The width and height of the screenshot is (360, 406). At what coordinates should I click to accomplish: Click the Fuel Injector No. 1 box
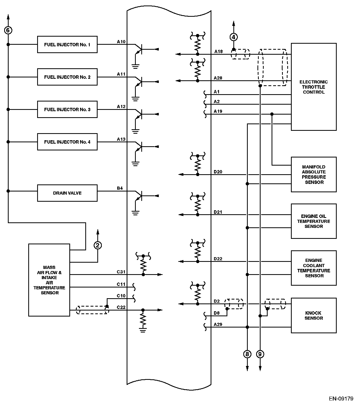click(x=67, y=44)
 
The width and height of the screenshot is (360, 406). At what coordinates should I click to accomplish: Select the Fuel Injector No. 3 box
click(x=67, y=109)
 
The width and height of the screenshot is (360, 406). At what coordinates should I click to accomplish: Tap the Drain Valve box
click(x=67, y=193)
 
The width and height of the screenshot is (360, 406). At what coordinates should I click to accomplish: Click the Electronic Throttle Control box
click(x=313, y=87)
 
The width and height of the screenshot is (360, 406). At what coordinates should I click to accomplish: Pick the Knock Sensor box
click(x=313, y=315)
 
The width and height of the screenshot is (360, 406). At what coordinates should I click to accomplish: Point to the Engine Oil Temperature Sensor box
click(x=313, y=221)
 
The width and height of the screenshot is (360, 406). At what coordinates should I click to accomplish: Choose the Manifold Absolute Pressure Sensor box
click(x=313, y=174)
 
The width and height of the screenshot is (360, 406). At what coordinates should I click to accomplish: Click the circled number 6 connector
click(x=8, y=30)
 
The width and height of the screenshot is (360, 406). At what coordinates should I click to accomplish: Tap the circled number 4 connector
click(x=234, y=37)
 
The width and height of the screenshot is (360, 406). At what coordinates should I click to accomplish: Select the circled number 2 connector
click(x=98, y=245)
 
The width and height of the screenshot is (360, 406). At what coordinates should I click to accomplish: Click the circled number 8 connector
click(x=247, y=354)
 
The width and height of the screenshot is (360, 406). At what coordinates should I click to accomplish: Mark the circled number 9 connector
click(x=260, y=354)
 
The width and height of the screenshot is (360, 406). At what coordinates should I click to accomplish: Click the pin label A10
click(x=121, y=42)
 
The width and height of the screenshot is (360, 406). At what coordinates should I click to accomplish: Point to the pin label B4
click(x=120, y=188)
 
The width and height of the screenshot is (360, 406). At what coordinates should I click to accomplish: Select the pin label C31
click(x=121, y=272)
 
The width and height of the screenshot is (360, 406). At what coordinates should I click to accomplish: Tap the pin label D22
click(x=218, y=259)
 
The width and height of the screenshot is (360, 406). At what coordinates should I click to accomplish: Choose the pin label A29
click(x=218, y=324)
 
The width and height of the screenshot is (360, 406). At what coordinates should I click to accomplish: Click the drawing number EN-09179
click(x=341, y=399)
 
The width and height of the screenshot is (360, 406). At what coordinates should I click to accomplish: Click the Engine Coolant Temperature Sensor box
click(x=313, y=268)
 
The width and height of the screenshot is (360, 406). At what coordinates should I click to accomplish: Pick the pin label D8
click(x=217, y=313)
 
